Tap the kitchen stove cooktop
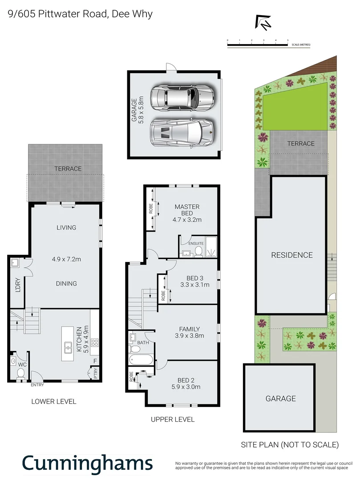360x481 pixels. tap(94, 342)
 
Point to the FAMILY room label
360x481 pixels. tap(189, 330)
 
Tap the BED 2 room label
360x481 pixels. tap(186, 380)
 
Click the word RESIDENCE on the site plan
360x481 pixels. tap(292, 255)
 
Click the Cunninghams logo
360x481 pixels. tap(87, 463)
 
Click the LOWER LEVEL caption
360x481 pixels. tap(54, 401)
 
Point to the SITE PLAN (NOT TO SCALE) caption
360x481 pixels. tap(290, 444)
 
